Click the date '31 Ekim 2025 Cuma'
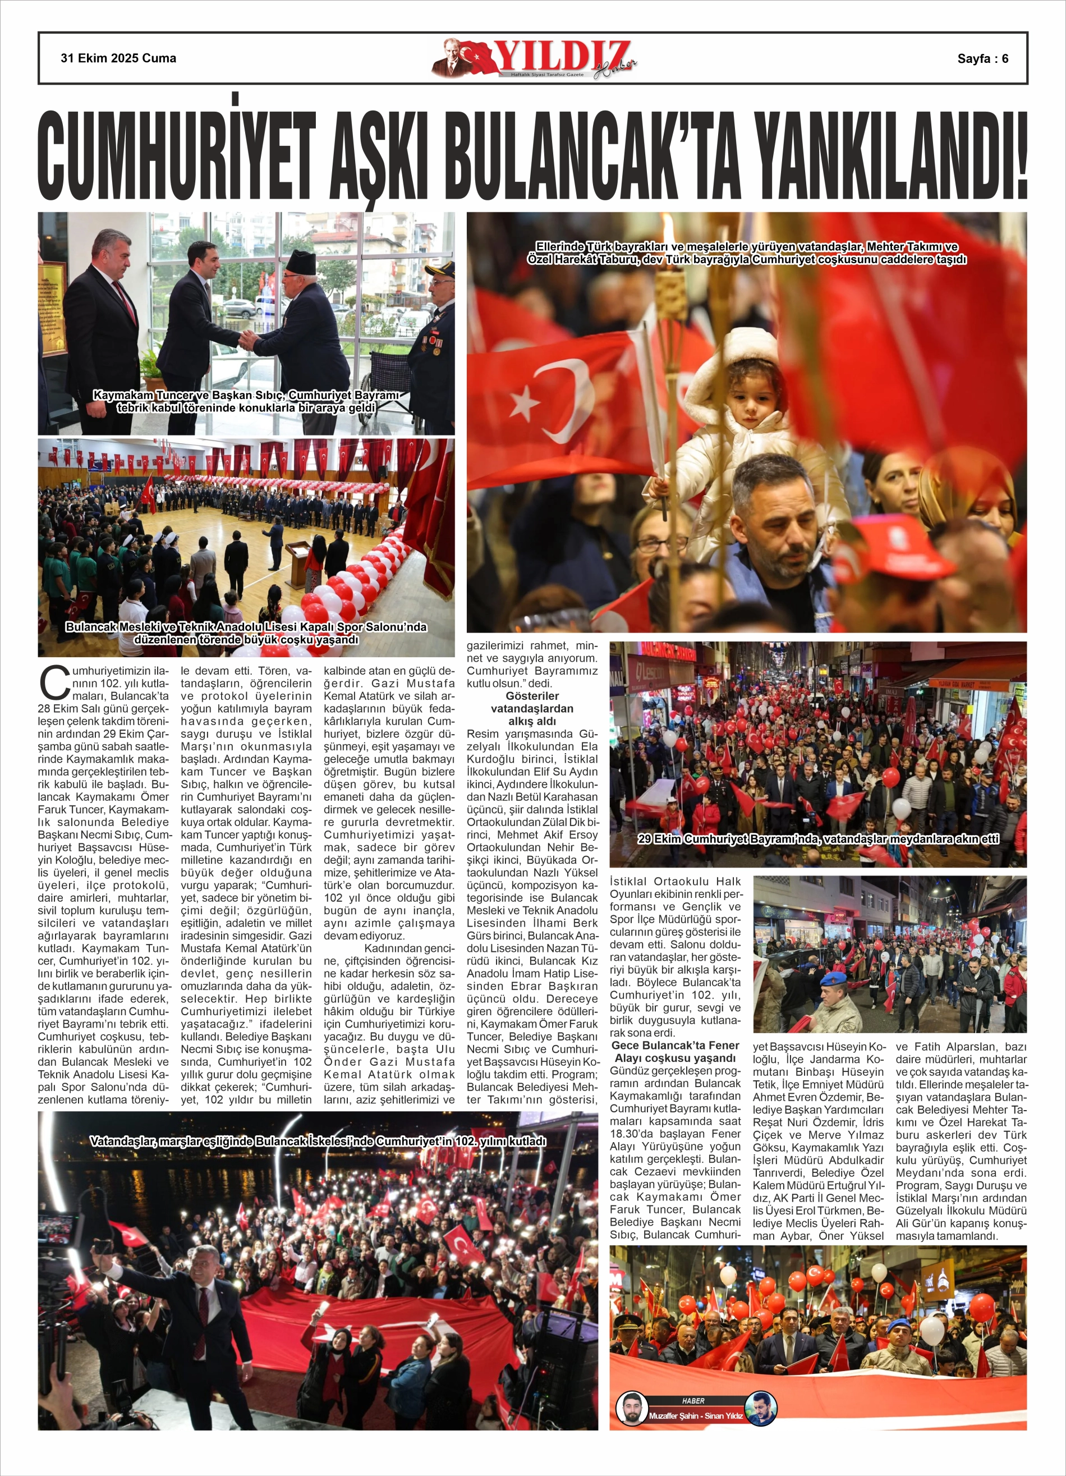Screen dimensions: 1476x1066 pos(118,58)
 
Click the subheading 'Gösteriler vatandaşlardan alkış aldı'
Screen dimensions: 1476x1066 pos(532,708)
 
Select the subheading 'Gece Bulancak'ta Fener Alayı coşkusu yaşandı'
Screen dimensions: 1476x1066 pos(675,1052)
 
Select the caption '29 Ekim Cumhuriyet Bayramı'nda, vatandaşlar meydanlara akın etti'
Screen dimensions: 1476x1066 pos(818,839)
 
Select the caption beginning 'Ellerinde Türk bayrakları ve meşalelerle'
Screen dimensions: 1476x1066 pos(746,253)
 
